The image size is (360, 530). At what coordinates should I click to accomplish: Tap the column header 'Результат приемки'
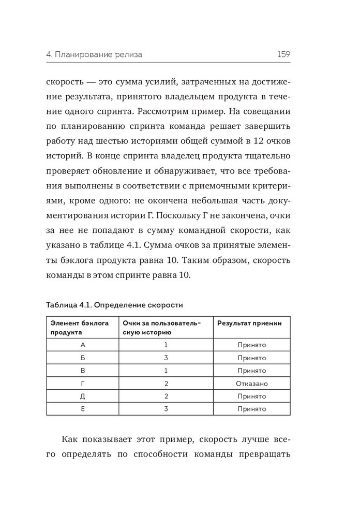249,323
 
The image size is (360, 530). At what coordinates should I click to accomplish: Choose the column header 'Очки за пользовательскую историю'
160,328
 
